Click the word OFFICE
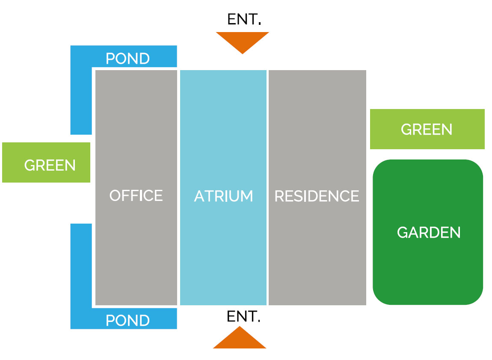pos(136,195)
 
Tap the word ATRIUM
pos(223,196)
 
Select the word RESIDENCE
pos(317,196)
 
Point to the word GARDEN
pos(429,233)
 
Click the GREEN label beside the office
pos(50,165)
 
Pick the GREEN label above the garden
pos(427,129)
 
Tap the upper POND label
pos(127,59)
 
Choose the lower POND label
pos(127,320)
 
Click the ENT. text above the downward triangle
pos(244,19)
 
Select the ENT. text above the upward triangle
pos(243,317)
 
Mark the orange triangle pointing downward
pos(242,41)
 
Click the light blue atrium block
pos(223,128)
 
